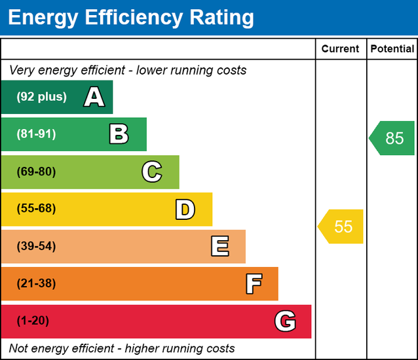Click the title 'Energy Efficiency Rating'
[x=130, y=18]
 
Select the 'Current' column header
[x=340, y=49]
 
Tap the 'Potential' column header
[x=392, y=49]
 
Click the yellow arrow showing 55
[x=341, y=226]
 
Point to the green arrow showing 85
[x=392, y=138]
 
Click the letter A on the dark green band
[x=94, y=98]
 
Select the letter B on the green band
[x=119, y=135]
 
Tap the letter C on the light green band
[x=151, y=172]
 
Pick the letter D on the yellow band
[x=185, y=209]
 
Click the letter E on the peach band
[x=219, y=247]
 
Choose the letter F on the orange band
[x=253, y=284]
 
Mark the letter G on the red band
[x=285, y=321]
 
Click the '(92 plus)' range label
[x=42, y=97]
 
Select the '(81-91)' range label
[x=37, y=134]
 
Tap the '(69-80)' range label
[x=37, y=172]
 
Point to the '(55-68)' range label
[x=37, y=209]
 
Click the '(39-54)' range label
[x=37, y=247]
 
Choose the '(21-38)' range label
[x=37, y=283]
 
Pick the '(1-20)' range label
[x=33, y=321]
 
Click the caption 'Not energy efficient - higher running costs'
[x=122, y=348]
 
